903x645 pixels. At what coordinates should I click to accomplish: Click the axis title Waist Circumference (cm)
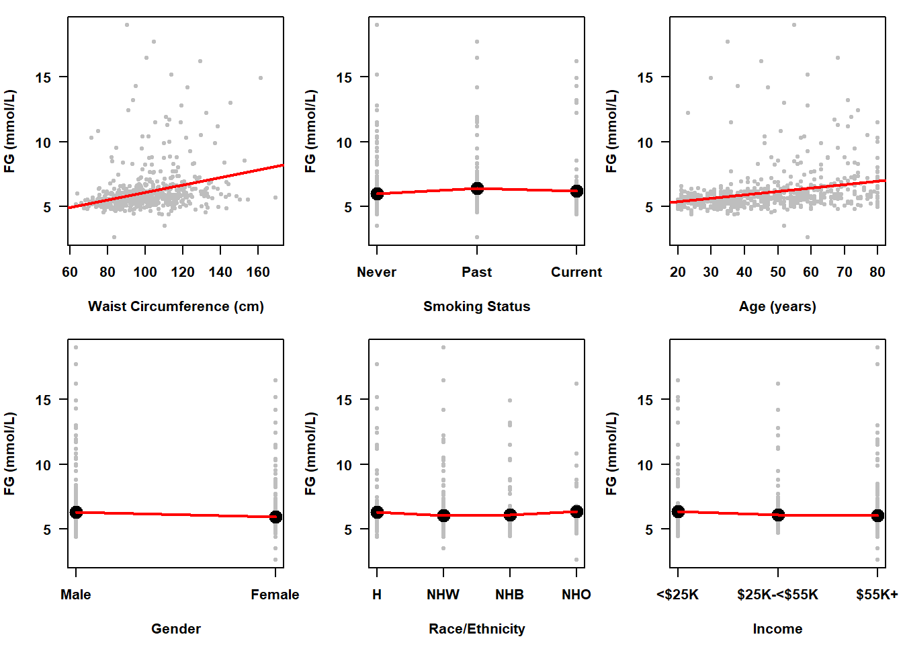coord(175,306)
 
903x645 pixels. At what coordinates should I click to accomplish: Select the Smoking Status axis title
coord(476,306)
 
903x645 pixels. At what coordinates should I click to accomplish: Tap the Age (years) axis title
coord(777,306)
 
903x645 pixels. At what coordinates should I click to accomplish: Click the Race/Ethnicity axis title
coord(476,629)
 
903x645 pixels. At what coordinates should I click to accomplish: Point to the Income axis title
coord(777,629)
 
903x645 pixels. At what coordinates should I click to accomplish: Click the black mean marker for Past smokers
coord(477,188)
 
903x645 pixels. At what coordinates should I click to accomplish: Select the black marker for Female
coord(275,517)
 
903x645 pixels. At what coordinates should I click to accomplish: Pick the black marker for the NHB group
coord(510,515)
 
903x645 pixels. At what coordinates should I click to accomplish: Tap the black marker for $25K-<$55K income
coord(778,515)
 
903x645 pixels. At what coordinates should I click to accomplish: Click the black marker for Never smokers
coord(378,193)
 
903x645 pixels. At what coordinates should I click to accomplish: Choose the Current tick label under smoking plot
coord(576,272)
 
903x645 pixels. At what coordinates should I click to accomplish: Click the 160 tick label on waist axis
coord(258,272)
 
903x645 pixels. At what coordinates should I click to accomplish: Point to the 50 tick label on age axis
coord(777,272)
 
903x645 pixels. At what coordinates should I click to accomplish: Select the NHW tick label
coord(443,595)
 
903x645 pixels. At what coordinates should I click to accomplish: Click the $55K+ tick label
coord(877,595)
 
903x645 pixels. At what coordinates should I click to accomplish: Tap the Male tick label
coord(76,595)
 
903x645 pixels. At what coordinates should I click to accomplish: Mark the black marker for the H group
coord(378,512)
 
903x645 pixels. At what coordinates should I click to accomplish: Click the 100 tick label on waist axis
coord(145,272)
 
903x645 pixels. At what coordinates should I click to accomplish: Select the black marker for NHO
coord(576,511)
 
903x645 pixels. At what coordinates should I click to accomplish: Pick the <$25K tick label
coord(678,595)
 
